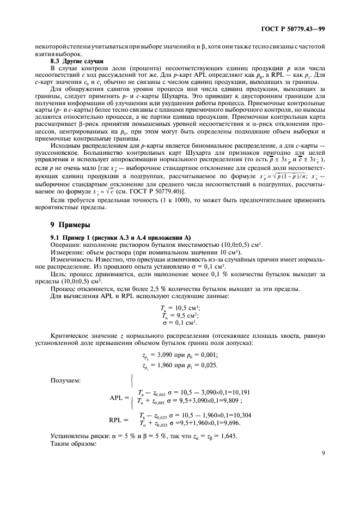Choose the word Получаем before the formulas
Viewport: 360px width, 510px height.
(66, 380)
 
